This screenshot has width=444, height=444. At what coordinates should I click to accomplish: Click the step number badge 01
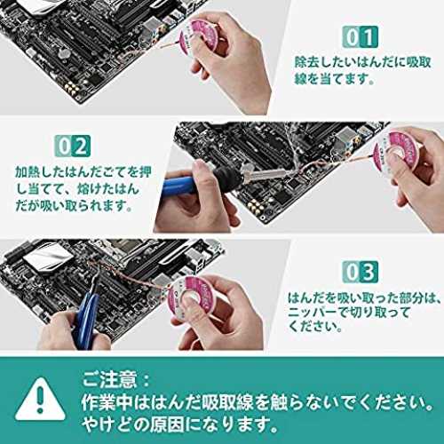361,36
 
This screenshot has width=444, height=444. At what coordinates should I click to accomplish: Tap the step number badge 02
73,146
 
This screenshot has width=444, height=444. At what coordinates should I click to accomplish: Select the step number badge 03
361,272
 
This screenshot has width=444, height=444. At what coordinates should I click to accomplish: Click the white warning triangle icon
40,400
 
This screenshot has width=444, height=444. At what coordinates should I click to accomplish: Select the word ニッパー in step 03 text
313,313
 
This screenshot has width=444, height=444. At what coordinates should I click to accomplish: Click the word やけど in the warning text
105,424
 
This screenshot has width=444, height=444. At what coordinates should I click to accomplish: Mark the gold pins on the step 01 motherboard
72,87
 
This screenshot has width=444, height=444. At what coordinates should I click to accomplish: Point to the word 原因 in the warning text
167,424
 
